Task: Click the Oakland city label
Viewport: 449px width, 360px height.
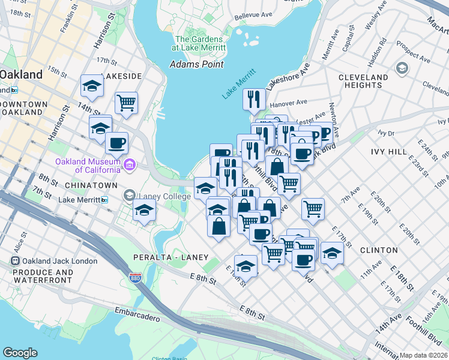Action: (x=21, y=75)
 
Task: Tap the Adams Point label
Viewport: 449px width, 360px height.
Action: (x=196, y=64)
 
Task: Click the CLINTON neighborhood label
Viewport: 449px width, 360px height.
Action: (x=379, y=250)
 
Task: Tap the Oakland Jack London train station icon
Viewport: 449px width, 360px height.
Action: (x=15, y=261)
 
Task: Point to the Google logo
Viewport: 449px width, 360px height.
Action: (x=20, y=353)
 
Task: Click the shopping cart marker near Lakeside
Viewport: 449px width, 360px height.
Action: (x=127, y=103)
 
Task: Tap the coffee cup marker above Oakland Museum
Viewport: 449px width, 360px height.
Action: (x=116, y=143)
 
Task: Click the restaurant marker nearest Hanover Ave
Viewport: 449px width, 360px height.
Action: (x=254, y=99)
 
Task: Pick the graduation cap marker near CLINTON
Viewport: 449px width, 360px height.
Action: (x=331, y=252)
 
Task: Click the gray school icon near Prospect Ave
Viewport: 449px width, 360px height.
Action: (x=400, y=68)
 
